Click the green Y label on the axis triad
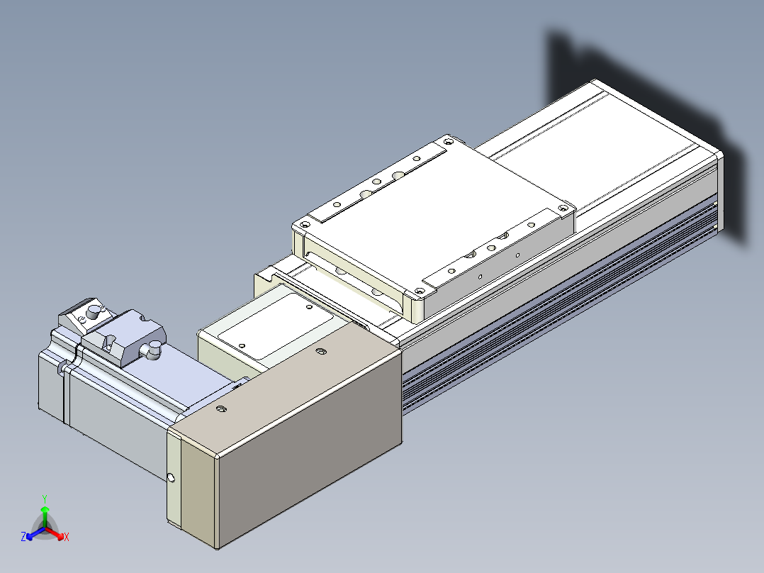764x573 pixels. click(45, 499)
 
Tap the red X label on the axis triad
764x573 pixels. click(67, 537)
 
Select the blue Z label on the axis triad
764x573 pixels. click(23, 536)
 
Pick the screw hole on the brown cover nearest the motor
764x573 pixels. click(221, 408)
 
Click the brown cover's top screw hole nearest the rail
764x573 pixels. click(320, 350)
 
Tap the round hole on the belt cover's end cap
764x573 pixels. click(171, 478)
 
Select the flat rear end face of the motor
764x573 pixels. click(51, 385)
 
